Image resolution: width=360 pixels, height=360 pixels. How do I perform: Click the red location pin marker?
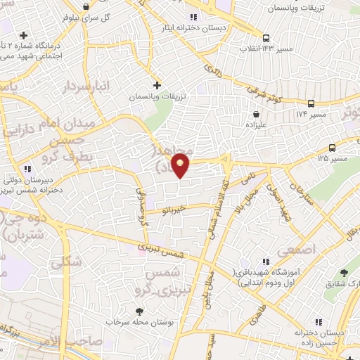(x=181, y=164)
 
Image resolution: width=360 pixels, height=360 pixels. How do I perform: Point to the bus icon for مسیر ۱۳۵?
(x=332, y=148)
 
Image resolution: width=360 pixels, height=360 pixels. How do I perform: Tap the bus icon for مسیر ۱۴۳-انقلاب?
(x=265, y=38)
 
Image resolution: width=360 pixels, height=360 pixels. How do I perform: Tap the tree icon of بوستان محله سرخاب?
(x=139, y=311)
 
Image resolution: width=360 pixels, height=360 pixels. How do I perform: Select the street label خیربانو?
(x=172, y=208)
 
